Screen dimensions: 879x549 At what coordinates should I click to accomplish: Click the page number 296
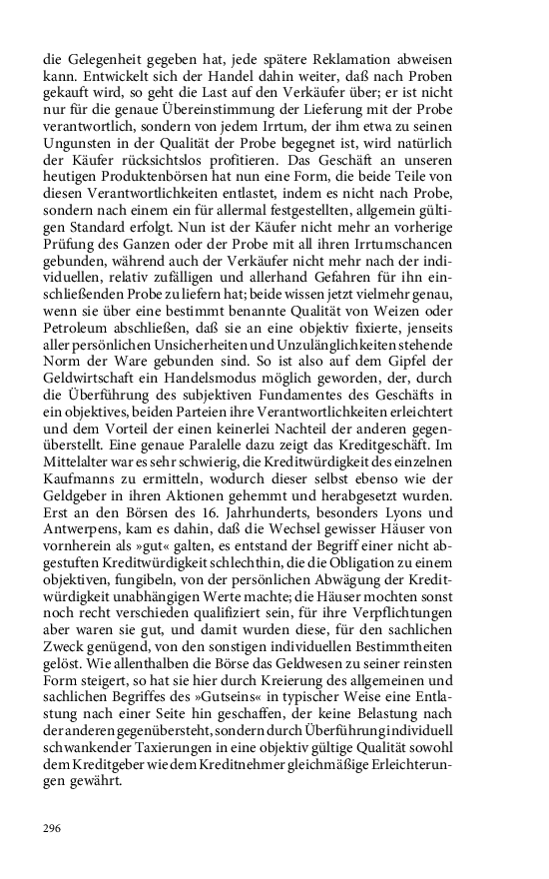[53, 828]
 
